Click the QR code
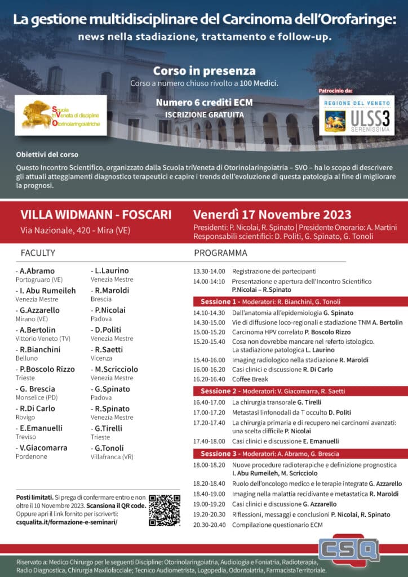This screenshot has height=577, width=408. tap(164, 510)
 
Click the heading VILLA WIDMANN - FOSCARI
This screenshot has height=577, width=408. tap(96, 215)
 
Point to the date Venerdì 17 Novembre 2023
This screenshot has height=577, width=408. tap(272, 215)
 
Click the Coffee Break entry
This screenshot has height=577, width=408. tap(252, 380)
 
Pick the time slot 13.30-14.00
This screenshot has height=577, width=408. tap(209, 271)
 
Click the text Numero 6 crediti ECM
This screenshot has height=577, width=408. tap(204, 103)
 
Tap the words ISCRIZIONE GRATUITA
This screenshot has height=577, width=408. tap(204, 114)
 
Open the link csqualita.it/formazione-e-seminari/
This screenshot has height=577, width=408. tap(67, 522)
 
